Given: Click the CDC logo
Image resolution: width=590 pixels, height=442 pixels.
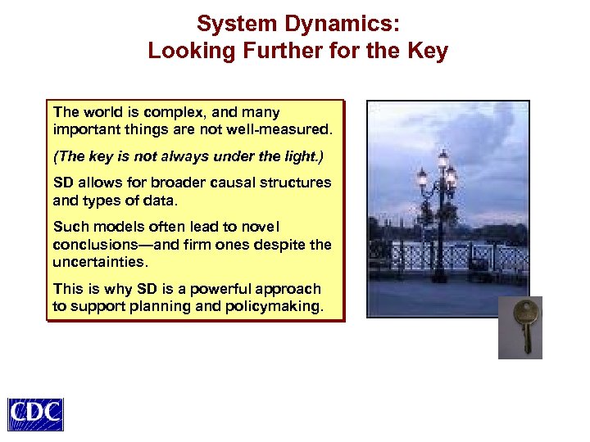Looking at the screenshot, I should tap(35, 414).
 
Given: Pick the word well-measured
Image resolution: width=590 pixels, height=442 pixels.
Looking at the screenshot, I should tap(279, 129).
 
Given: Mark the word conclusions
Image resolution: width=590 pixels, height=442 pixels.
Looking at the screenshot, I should tap(89, 243).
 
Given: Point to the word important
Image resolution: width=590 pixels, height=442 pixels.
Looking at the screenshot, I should tap(81, 129).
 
